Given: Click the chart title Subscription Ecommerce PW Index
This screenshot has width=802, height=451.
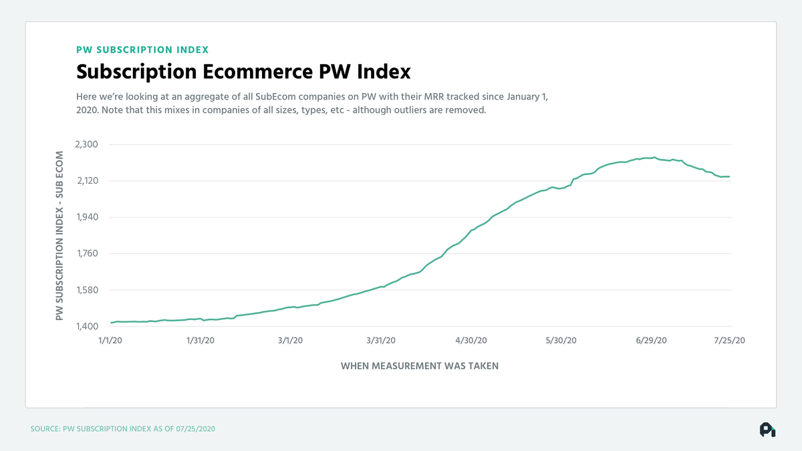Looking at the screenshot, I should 243,71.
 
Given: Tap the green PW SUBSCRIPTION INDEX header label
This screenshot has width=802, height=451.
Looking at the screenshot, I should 142,49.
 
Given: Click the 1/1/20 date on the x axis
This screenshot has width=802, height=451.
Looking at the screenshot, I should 111,340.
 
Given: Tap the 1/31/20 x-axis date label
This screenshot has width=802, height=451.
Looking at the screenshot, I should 200,340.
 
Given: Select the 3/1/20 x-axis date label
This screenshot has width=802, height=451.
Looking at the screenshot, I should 289,340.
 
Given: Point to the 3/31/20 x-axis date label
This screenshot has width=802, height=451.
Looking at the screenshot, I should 381,340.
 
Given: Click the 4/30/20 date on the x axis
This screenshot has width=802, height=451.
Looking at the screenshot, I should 471,340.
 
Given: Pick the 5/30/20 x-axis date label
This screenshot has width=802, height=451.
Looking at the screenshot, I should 561,340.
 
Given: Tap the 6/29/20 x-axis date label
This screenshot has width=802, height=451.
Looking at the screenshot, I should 652,340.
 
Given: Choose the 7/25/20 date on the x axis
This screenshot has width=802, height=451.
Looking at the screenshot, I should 729,340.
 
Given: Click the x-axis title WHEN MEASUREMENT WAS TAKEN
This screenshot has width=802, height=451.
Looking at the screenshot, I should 420,365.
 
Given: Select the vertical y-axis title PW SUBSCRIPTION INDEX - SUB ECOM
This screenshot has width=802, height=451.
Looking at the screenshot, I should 59,235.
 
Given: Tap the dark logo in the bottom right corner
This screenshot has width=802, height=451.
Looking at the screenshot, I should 767,430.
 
